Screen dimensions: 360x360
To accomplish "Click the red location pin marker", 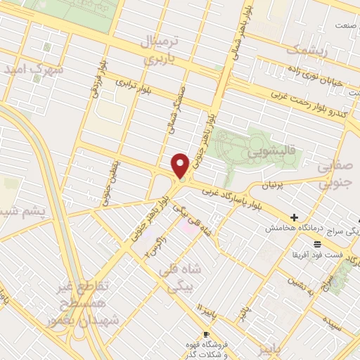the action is tap(181, 166).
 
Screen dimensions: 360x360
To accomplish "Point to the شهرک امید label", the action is tap(33, 70).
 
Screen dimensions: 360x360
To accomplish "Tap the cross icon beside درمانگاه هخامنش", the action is tap(294, 217).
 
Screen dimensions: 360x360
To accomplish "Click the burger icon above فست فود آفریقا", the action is tap(318, 244).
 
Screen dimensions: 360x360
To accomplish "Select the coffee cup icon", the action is tap(206, 335).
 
